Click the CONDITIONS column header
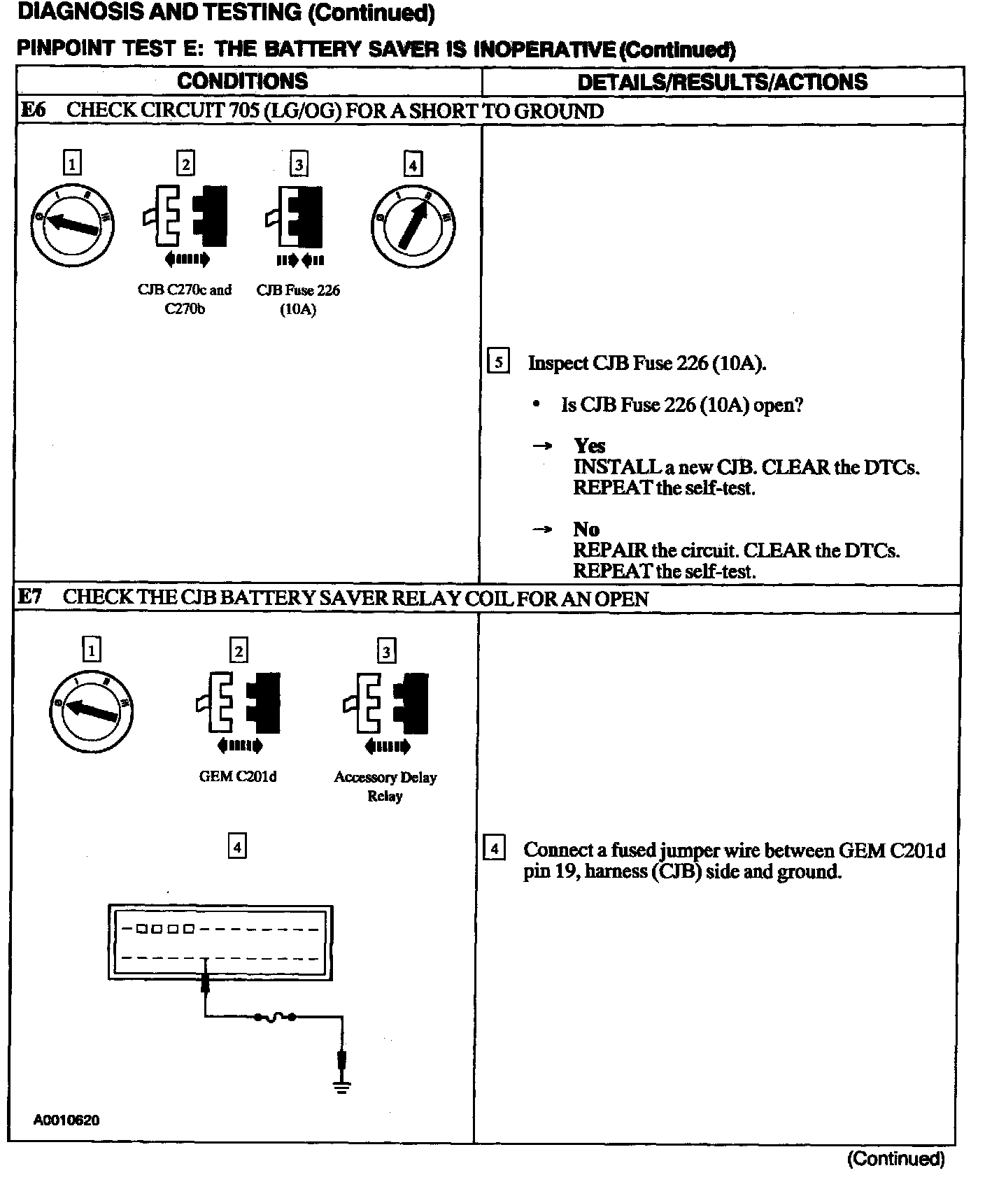(242, 81)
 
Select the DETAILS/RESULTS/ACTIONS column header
(722, 82)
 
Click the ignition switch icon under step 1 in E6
(72, 224)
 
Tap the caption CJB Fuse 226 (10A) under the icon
(298, 299)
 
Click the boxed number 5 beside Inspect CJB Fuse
(498, 362)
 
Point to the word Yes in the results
(589, 446)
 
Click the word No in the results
(586, 529)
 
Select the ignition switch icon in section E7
(92, 711)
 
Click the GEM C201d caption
(238, 777)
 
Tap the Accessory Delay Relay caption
(385, 786)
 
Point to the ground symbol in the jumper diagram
(341, 1086)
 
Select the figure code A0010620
(66, 1120)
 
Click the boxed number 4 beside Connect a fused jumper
(495, 850)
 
